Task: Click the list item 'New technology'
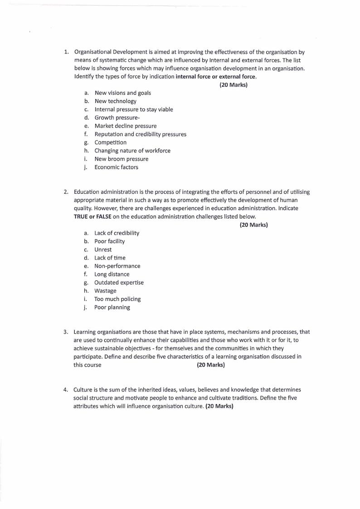coord(115,101)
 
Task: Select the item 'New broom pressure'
coord(121,159)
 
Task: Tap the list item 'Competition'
coord(110,142)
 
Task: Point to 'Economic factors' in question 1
coord(116,167)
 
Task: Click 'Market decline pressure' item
coord(125,126)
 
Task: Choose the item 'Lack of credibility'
coord(117,233)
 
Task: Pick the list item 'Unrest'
coord(103,250)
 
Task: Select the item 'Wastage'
coord(105,291)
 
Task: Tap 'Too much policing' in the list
coord(117,299)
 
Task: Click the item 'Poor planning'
coord(112,307)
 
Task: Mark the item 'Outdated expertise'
coord(119,283)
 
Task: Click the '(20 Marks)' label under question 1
coord(234,85)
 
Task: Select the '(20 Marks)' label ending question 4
coord(219,406)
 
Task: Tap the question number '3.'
coord(66,332)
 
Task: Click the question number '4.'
coord(66,390)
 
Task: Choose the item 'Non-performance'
coord(117,266)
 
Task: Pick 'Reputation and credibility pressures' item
coord(140,134)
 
